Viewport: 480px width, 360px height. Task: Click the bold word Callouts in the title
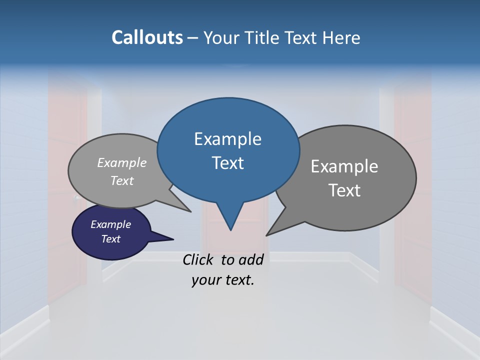click(x=147, y=37)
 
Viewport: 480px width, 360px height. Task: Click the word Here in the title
click(x=341, y=37)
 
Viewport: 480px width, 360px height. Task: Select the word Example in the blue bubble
click(x=227, y=139)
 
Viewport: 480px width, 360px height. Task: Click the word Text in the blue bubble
click(x=227, y=163)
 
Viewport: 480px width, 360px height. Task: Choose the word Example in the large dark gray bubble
click(x=344, y=166)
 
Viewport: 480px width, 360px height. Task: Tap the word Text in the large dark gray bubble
click(x=344, y=190)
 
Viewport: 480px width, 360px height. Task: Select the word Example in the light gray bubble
click(x=122, y=162)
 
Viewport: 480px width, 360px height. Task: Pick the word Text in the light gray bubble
click(x=122, y=180)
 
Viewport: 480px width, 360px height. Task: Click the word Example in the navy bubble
click(x=110, y=224)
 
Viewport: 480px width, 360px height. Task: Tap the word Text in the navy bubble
click(x=110, y=239)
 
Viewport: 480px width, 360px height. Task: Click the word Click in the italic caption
click(x=199, y=259)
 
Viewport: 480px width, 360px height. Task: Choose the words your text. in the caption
click(x=222, y=280)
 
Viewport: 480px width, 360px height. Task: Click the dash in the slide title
click(x=193, y=38)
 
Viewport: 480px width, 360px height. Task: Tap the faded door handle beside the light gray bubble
click(x=77, y=198)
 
